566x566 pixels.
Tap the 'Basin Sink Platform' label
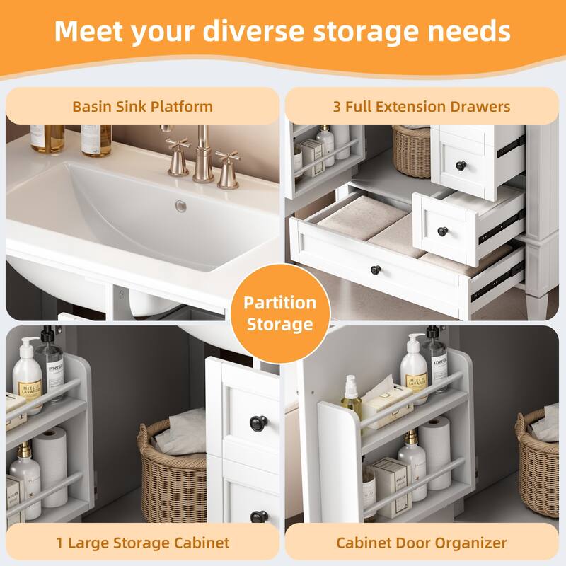[142, 107]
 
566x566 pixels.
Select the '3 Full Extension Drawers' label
[422, 107]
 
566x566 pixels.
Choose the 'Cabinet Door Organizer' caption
[422, 543]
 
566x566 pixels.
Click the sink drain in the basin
[181, 206]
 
